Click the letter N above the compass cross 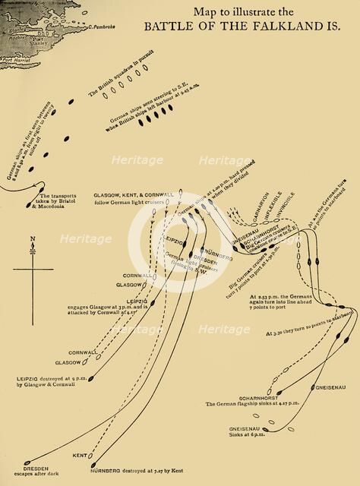[x=32, y=239]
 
